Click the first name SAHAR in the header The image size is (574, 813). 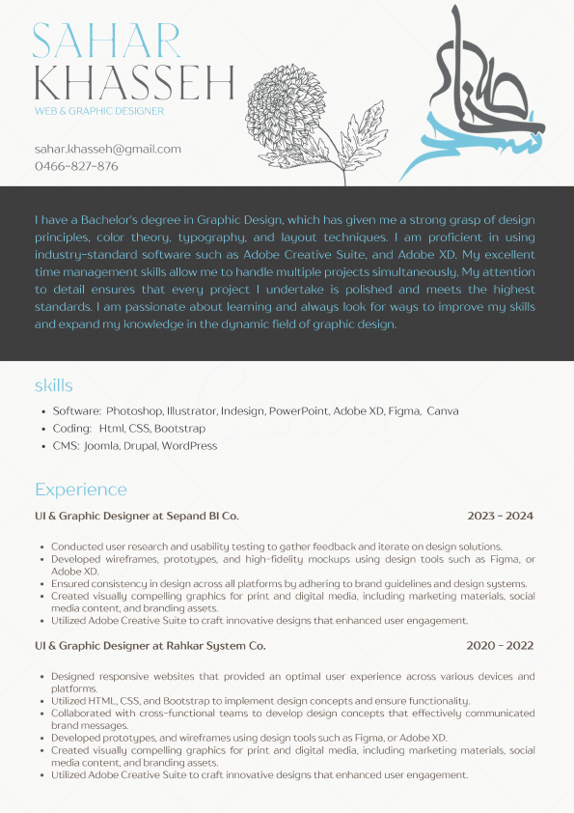click(x=107, y=41)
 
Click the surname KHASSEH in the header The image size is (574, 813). click(x=134, y=84)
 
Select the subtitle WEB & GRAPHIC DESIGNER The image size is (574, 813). click(x=99, y=111)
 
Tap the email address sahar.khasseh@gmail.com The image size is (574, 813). click(x=108, y=149)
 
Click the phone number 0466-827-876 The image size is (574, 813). click(x=76, y=166)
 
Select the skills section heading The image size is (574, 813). click(x=54, y=386)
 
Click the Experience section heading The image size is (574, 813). click(x=81, y=490)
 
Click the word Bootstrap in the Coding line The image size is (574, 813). click(x=180, y=429)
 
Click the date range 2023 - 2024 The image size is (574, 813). click(x=501, y=517)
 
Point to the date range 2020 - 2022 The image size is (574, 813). click(x=501, y=646)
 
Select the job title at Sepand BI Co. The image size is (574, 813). click(x=137, y=517)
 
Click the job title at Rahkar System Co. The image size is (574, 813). click(x=150, y=646)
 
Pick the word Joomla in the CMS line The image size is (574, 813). click(x=101, y=446)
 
